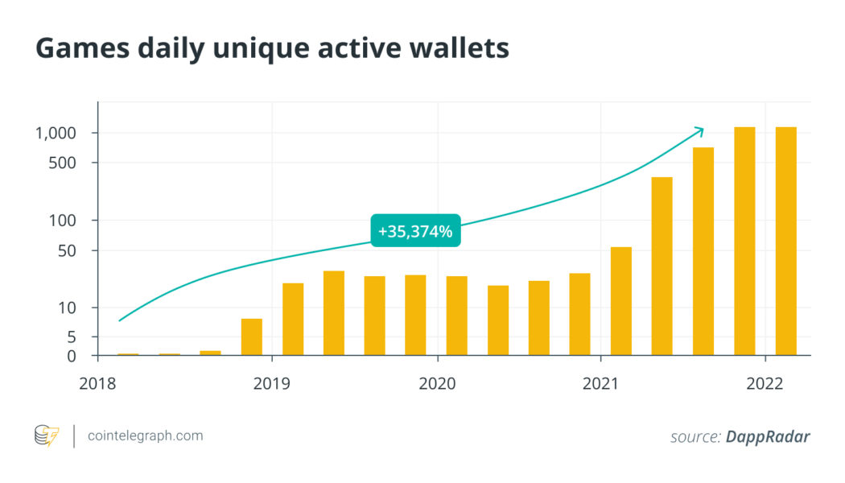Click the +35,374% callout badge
pyautogui.click(x=415, y=232)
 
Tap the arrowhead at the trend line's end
pyautogui.click(x=700, y=130)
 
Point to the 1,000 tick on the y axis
pyautogui.click(x=55, y=133)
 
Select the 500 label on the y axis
pyautogui.click(x=63, y=163)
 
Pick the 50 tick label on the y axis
pyautogui.click(x=67, y=250)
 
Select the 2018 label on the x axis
pyautogui.click(x=97, y=383)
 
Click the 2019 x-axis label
pyautogui.click(x=272, y=383)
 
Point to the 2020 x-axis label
pyautogui.click(x=437, y=383)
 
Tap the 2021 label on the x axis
pyautogui.click(x=601, y=383)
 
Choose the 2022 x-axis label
pyautogui.click(x=765, y=383)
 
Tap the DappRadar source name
pyautogui.click(x=768, y=436)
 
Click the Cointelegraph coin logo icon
pyautogui.click(x=47, y=436)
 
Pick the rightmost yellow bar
pyautogui.click(x=785, y=241)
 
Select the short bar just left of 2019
pyautogui.click(x=252, y=336)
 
